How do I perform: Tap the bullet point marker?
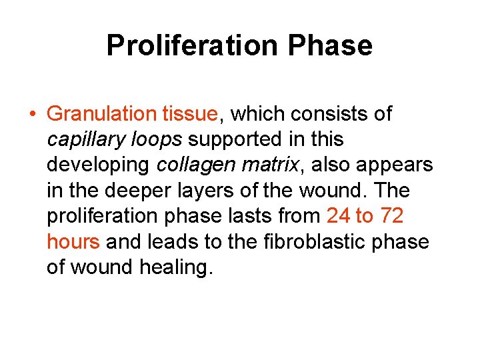[33, 114]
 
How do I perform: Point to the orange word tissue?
[190, 114]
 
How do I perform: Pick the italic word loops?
[156, 139]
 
